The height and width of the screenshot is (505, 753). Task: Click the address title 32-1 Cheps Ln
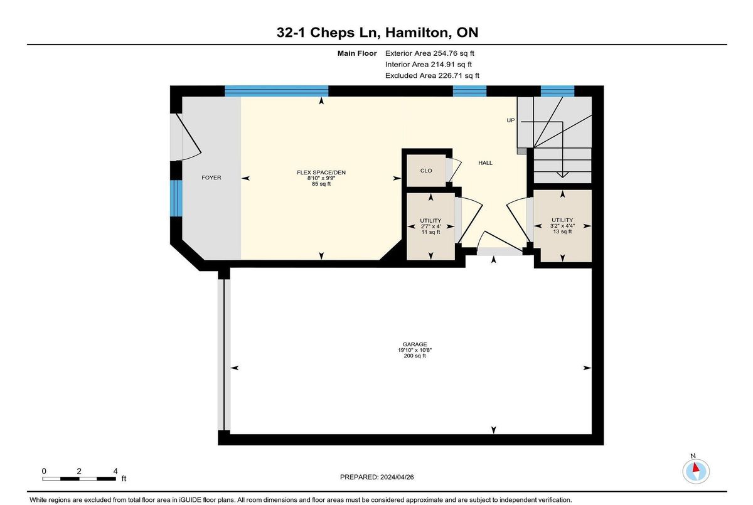(328, 33)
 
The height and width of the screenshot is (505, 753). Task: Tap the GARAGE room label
(415, 344)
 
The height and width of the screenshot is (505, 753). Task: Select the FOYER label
(211, 178)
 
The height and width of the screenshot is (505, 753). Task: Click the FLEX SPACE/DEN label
(321, 173)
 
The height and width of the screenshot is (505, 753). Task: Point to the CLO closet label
(426, 171)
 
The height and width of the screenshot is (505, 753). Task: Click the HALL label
(486, 163)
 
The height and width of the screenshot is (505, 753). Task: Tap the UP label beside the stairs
(511, 120)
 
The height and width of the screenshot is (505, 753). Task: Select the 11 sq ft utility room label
(430, 226)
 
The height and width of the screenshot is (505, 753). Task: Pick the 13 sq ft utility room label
(562, 226)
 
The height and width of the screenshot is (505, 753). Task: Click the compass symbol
(696, 471)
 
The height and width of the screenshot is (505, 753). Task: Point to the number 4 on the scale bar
(115, 471)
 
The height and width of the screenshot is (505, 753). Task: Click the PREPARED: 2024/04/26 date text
(377, 477)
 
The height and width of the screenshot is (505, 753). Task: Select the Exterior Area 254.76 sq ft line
(430, 53)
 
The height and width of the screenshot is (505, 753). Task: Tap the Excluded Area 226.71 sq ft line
(432, 76)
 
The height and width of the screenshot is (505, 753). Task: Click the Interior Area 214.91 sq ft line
(429, 64)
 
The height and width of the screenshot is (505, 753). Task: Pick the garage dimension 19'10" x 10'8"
(415, 350)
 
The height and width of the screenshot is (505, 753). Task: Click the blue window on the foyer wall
(176, 198)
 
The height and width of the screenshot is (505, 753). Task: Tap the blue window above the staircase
(557, 91)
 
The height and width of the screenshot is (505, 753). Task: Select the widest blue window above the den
(276, 91)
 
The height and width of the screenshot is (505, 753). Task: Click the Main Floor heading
(357, 53)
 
